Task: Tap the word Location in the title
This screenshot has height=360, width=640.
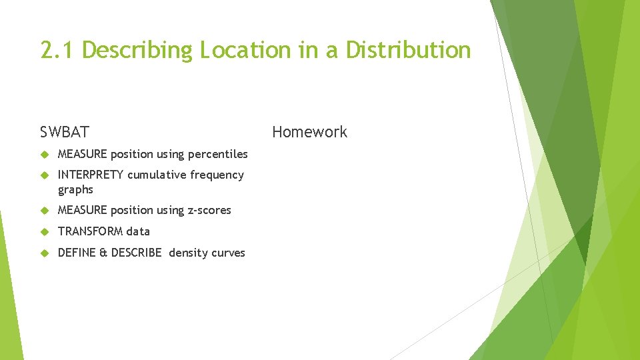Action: click(245, 50)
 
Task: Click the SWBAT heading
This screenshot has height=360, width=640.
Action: click(64, 132)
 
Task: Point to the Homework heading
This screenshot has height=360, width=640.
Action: click(309, 132)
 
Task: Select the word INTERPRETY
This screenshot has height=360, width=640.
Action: click(91, 175)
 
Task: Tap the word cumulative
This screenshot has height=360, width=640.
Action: click(157, 175)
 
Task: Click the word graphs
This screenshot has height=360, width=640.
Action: click(75, 190)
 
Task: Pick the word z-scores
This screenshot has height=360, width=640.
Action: click(209, 211)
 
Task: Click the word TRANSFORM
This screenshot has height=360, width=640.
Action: click(91, 231)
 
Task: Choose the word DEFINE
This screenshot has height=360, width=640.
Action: click(77, 253)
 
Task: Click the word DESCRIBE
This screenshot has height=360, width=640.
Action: click(136, 253)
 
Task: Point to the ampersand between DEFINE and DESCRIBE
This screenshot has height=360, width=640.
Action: click(104, 253)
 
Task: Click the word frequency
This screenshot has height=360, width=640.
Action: click(217, 175)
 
